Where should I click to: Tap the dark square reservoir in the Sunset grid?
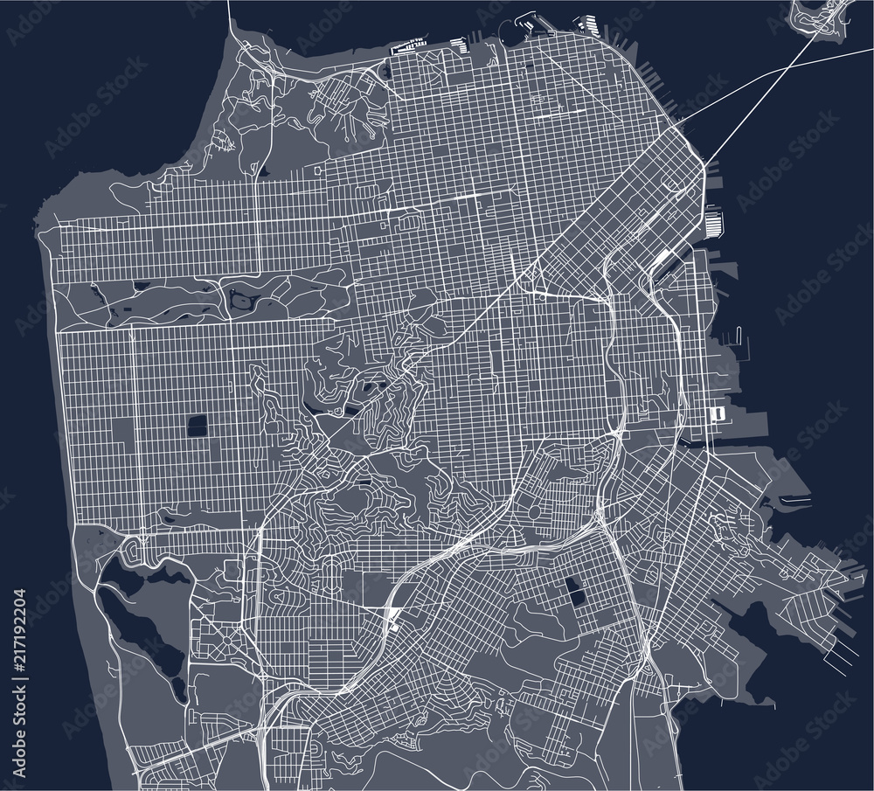pyautogui.click(x=198, y=427)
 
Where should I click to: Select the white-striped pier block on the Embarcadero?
pyautogui.click(x=714, y=221)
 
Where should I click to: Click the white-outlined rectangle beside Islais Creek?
pyautogui.click(x=718, y=412)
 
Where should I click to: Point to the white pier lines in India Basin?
pyautogui.click(x=838, y=648)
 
